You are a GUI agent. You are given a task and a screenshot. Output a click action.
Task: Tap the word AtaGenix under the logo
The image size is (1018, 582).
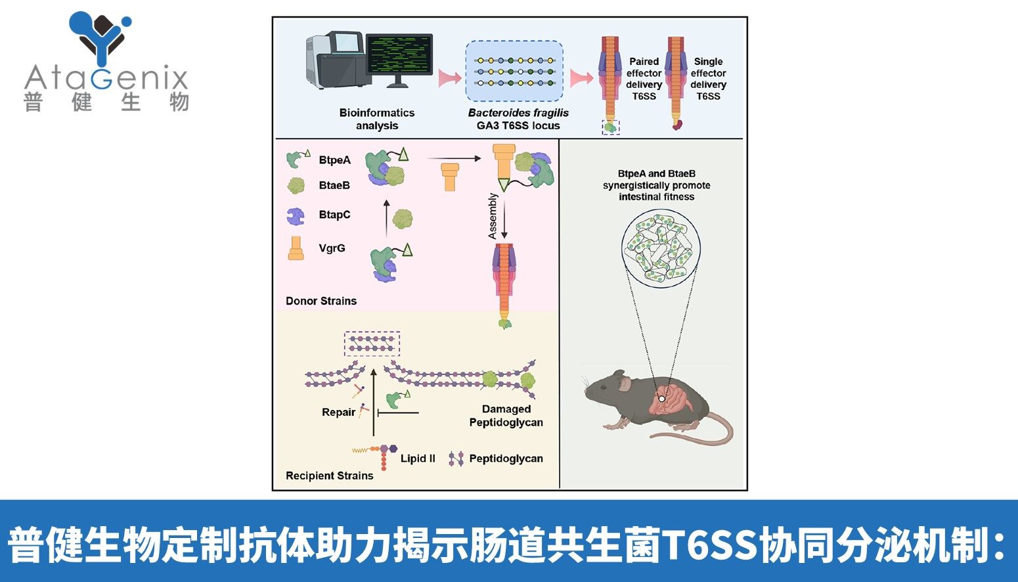pos(106,79)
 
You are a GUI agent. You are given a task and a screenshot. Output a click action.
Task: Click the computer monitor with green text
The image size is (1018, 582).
pos(399,57)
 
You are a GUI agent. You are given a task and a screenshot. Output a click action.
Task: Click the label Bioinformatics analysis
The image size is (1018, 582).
pos(377,119)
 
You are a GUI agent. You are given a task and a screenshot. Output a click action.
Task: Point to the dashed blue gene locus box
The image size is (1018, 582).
pos(515,70)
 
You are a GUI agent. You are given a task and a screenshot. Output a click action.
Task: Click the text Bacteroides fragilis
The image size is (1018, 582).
pos(518,112)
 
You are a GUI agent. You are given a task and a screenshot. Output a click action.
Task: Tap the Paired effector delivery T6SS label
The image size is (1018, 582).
pos(644,79)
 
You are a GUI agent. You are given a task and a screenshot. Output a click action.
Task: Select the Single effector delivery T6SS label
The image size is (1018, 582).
pos(708,79)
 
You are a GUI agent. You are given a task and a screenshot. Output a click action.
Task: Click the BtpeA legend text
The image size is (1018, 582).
pos(335,160)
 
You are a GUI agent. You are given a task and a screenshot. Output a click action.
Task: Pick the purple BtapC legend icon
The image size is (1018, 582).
pos(296,215)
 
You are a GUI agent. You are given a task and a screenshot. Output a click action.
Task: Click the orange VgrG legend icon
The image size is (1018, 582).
pos(296,248)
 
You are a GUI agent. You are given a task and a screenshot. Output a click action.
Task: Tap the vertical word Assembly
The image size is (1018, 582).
pos(493,215)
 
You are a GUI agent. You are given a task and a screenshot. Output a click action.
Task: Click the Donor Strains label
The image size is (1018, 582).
pos(321,301)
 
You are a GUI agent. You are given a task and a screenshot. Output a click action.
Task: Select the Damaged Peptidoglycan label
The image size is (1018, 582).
pos(506,415)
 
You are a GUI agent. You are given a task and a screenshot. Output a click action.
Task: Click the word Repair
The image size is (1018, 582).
pos(338,413)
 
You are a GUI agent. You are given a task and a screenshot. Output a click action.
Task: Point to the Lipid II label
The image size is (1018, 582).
pos(418,459)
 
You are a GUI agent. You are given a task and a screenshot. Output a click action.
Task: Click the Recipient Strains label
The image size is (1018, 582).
pos(329,476)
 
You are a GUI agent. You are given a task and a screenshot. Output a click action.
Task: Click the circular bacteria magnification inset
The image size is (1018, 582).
pos(659,248)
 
